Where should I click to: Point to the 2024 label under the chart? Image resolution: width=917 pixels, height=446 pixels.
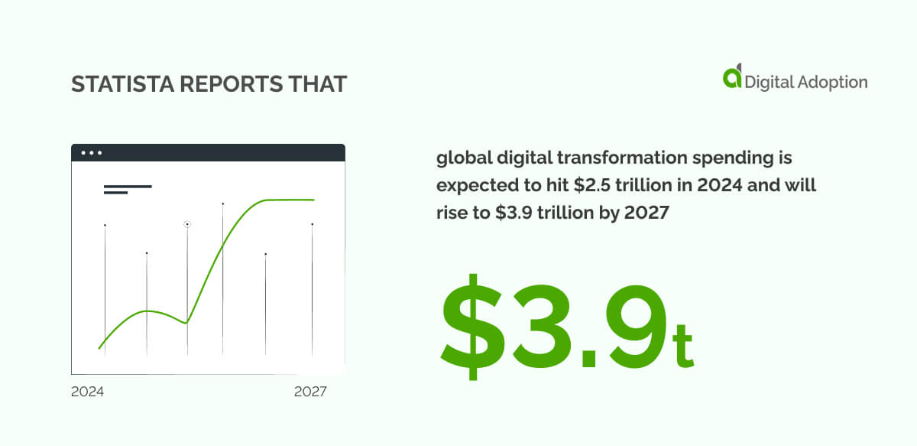click(x=87, y=392)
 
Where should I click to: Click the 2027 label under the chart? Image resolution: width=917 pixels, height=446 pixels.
click(x=310, y=392)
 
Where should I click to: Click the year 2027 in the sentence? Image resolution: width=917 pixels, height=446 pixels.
click(x=646, y=213)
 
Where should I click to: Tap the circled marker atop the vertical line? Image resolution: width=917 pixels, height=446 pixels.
click(x=187, y=224)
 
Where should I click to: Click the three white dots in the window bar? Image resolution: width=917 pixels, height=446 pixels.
click(x=92, y=153)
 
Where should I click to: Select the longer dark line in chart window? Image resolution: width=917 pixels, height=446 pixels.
click(x=128, y=186)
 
